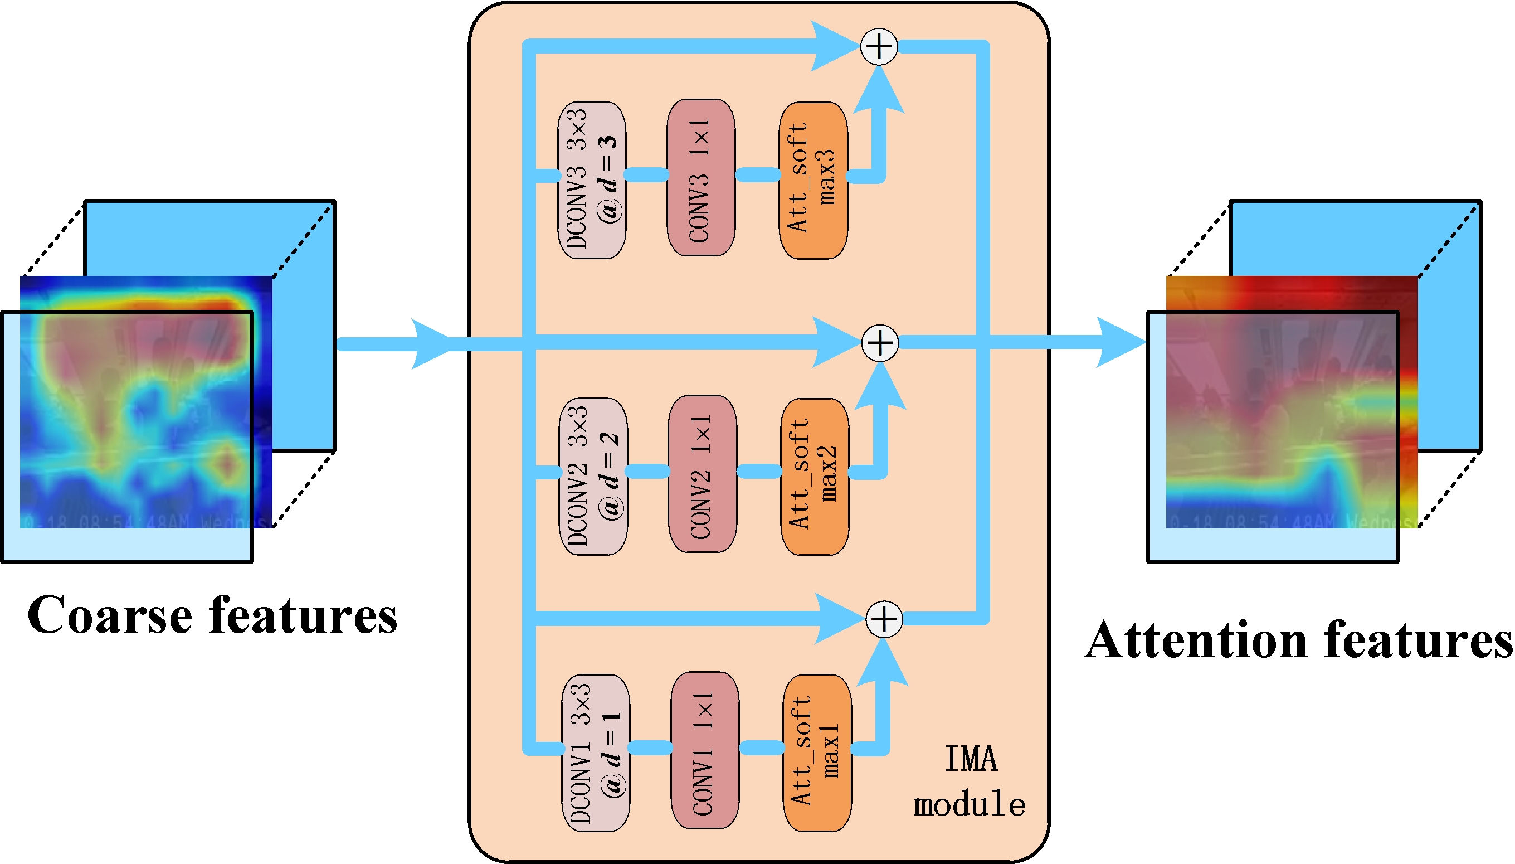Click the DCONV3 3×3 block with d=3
591,180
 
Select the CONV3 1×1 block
700,177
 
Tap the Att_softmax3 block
813,180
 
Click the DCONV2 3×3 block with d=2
593,476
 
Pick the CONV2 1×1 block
702,474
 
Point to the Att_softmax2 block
815,476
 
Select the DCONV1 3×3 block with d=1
595,753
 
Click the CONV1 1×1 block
704,750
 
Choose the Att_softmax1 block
817,753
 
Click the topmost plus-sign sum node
879,46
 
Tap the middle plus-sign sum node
880,342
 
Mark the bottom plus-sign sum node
884,619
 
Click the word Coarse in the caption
110,615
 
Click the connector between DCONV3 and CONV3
646,174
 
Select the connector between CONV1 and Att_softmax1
762,747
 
